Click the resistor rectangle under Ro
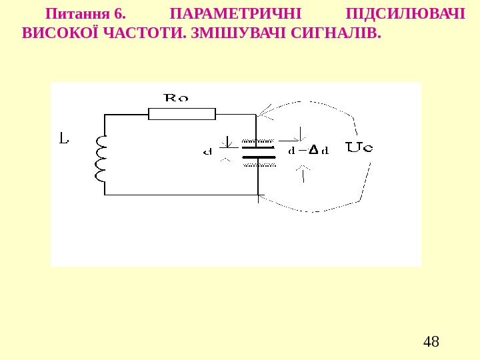point(181,114)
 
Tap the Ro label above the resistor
point(176,98)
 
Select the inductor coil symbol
point(101,158)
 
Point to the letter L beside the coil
point(63,139)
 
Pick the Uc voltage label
point(359,147)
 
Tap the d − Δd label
point(308,151)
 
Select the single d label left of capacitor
point(207,151)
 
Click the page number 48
point(431,343)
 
